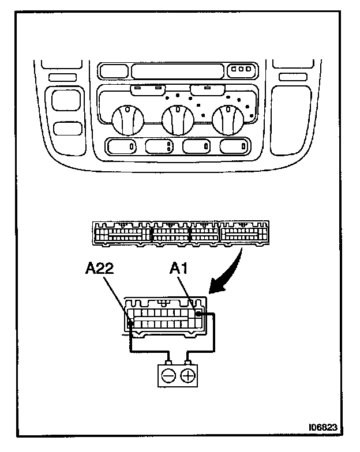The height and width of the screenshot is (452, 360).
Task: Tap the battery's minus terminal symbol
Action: click(x=168, y=376)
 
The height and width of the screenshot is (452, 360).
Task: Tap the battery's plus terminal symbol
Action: click(x=188, y=376)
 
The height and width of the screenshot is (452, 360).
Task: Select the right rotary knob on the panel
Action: click(x=227, y=119)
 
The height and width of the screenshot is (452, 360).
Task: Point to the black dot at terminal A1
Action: click(x=198, y=314)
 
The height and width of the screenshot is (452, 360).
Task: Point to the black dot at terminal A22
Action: click(x=132, y=324)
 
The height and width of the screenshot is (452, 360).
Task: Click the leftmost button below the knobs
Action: click(x=122, y=146)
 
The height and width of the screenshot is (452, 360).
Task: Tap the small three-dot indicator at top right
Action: click(x=240, y=70)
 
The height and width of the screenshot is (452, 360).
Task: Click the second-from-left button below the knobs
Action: click(x=160, y=146)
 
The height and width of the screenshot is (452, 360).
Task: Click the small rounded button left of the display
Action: click(x=112, y=71)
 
